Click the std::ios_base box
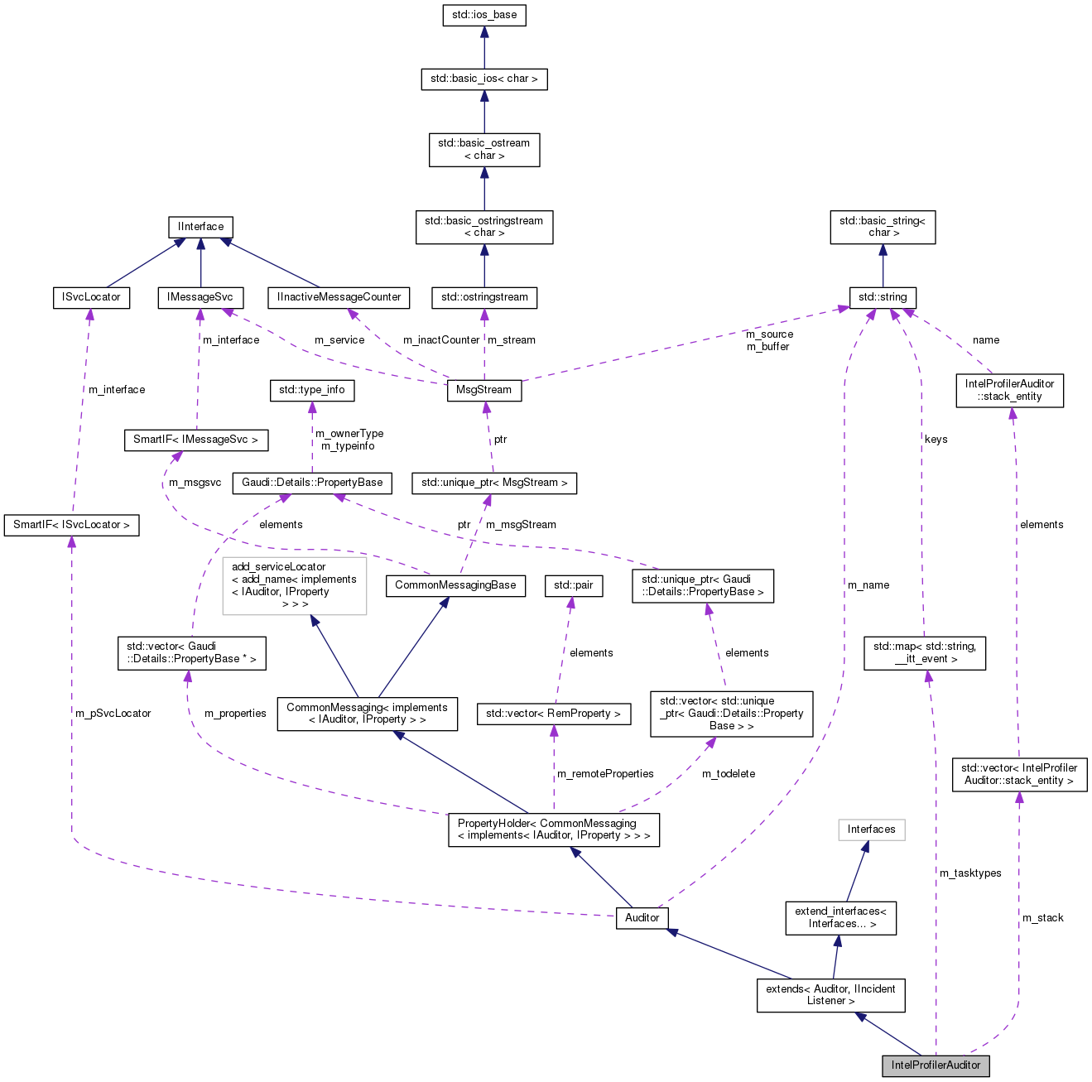tap(484, 16)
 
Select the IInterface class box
tap(200, 227)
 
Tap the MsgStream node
tap(484, 391)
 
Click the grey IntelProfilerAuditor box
tap(936, 1065)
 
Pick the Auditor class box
tap(642, 918)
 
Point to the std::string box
tap(883, 297)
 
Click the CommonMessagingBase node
tap(455, 585)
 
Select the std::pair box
tap(574, 585)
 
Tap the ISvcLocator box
tap(91, 297)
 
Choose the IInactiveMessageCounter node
tap(339, 297)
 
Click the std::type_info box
tap(311, 390)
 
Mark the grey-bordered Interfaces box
tap(871, 830)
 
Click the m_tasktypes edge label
tap(970, 873)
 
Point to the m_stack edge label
tap(1042, 918)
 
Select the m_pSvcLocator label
tap(113, 713)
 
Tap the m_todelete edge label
tap(729, 774)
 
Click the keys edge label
tap(936, 440)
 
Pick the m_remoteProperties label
tap(605, 774)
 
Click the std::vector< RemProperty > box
tap(553, 714)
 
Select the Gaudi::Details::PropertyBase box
tap(312, 483)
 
